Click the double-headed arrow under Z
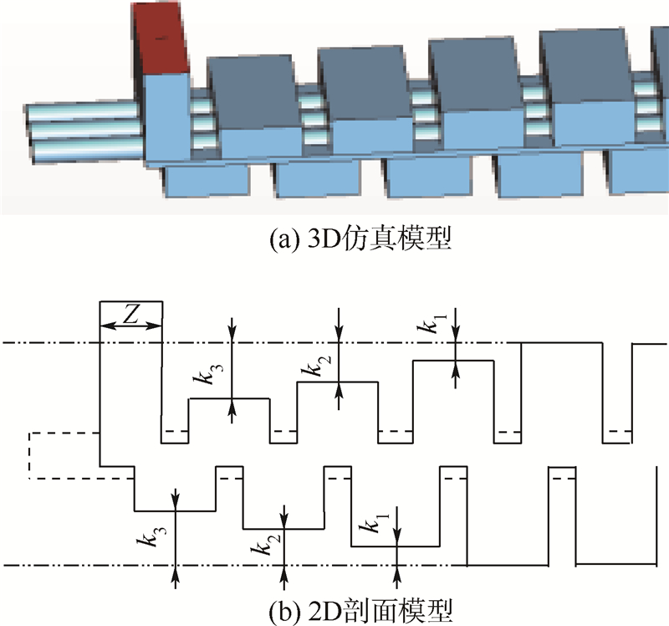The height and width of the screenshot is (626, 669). [130, 326]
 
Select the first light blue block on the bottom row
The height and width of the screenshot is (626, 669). [206, 179]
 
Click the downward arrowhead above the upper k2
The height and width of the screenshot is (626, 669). [338, 335]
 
